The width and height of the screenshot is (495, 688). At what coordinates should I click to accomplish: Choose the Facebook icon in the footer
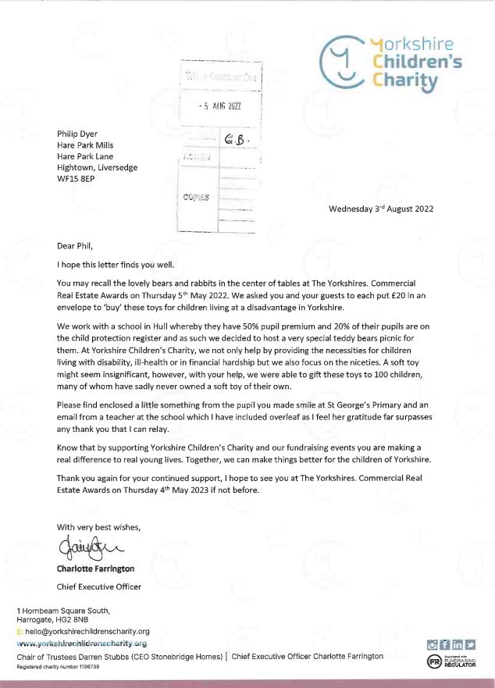444,644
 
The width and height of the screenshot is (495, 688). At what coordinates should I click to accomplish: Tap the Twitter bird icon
470,644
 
